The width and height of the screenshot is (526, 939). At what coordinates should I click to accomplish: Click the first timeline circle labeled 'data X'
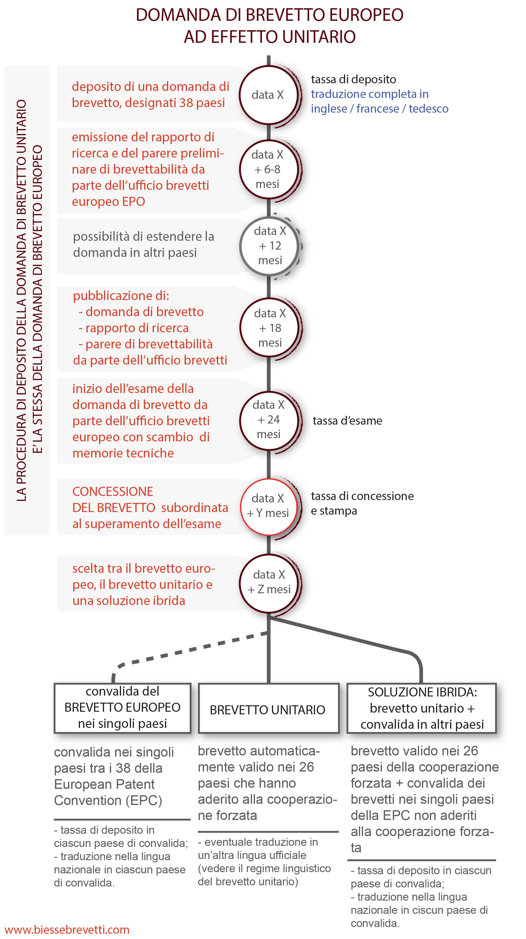point(268,95)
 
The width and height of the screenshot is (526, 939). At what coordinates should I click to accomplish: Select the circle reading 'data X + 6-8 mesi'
point(268,170)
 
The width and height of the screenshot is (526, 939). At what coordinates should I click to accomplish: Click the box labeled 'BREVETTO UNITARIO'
point(268,709)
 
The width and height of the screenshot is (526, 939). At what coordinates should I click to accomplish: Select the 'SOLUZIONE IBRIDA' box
point(422,708)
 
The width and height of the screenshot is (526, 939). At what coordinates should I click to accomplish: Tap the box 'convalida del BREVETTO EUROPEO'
point(122,708)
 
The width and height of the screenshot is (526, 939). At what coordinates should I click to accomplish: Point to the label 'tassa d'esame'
point(347,421)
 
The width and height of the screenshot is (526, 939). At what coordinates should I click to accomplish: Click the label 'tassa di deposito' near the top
point(353,79)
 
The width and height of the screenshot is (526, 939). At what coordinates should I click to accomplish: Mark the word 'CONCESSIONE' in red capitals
point(113,491)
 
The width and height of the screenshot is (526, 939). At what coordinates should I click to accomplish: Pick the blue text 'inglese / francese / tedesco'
point(379,109)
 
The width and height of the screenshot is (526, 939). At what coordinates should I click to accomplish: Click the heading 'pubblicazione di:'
point(121,296)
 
